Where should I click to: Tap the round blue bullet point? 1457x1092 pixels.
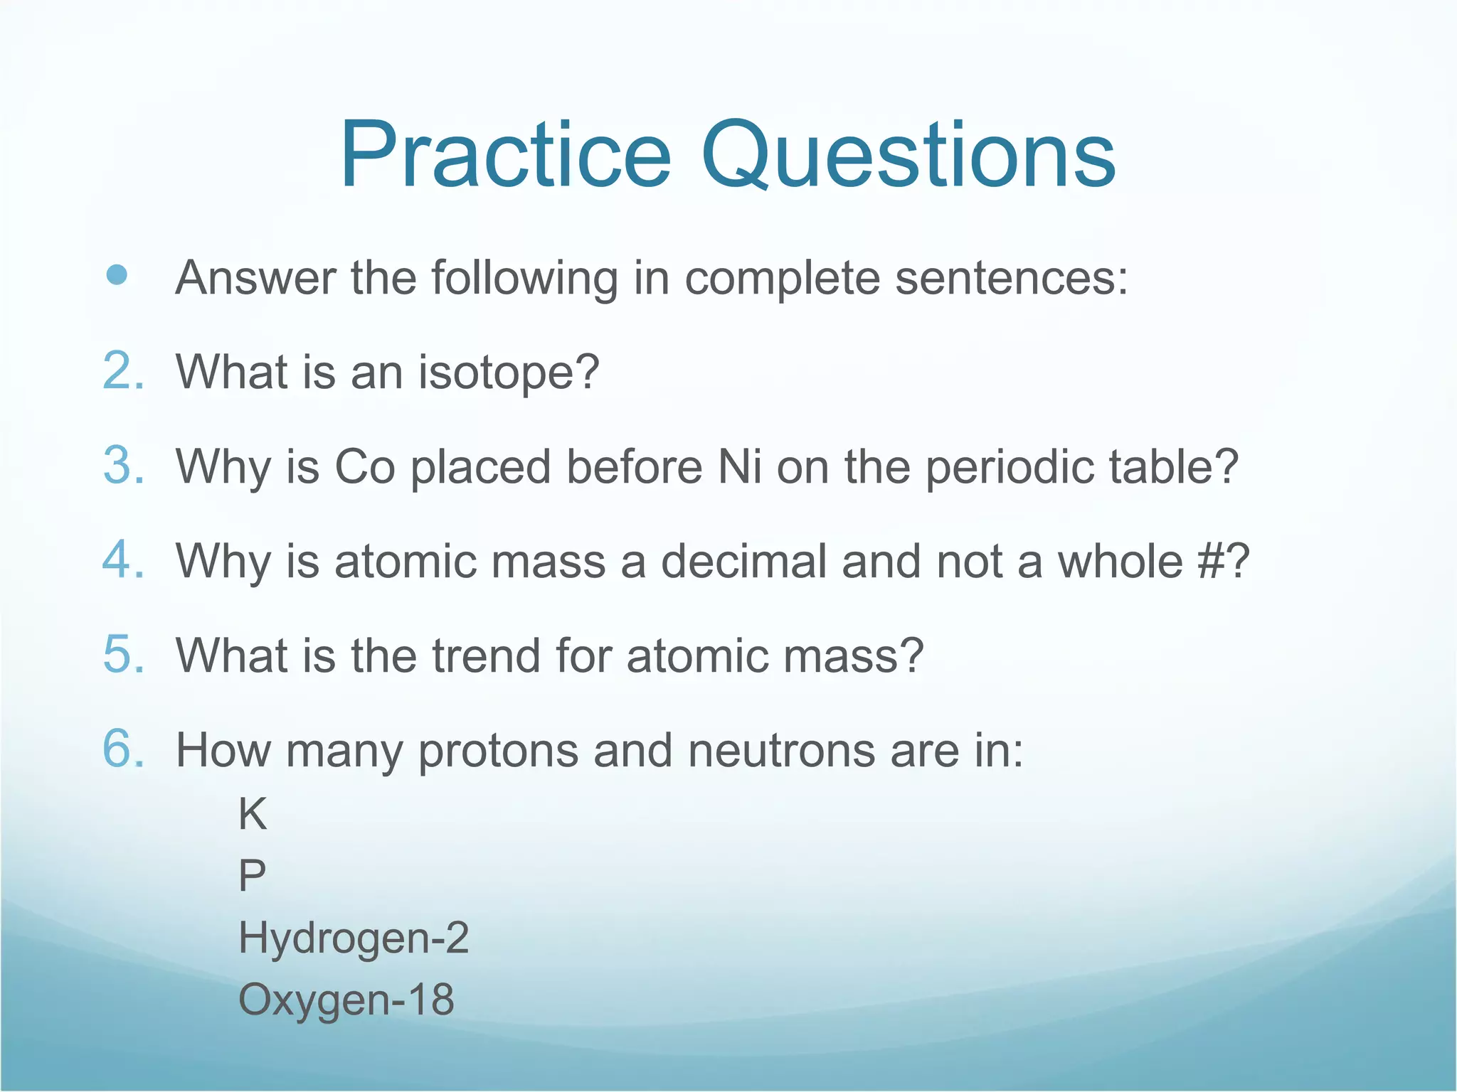click(117, 275)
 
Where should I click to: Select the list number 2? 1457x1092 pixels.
click(123, 371)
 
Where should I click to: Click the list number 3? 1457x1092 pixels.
click(123, 466)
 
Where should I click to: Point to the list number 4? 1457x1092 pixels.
click(123, 560)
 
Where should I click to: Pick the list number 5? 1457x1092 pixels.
click(123, 655)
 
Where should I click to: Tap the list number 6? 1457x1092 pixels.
click(123, 749)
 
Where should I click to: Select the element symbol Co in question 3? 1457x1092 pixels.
click(364, 467)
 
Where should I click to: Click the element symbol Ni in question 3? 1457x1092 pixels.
click(740, 467)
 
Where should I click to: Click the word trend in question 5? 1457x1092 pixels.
click(486, 655)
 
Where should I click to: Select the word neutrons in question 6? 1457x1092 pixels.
click(781, 751)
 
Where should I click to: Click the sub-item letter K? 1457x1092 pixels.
click(253, 815)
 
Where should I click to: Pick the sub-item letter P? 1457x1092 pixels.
click(252, 876)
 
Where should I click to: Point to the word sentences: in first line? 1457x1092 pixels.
click(1011, 278)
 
